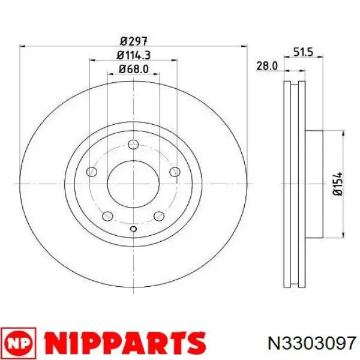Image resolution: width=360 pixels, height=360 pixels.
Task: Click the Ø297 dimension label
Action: click(x=133, y=41)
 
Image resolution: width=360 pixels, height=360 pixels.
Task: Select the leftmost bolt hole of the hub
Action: click(x=91, y=172)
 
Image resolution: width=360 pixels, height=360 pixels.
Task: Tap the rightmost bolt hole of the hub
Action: click(x=175, y=172)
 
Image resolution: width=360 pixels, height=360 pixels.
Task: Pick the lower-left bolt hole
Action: click(x=107, y=217)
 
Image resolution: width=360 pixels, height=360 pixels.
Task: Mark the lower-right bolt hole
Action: click(x=158, y=217)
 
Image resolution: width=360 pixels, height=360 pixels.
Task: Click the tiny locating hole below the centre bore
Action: click(x=133, y=229)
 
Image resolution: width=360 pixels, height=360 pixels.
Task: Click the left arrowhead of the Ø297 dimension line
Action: click(x=23, y=46)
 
